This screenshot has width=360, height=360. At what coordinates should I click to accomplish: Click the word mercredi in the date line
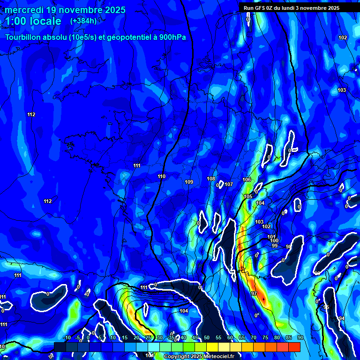coord(24,10)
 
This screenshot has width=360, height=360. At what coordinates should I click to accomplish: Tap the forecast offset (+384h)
coord(83,21)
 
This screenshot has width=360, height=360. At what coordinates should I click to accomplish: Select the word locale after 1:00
coord(44,21)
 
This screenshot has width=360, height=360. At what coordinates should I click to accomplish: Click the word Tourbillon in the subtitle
coord(25,37)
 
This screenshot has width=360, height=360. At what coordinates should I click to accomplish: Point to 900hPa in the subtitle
coord(171,37)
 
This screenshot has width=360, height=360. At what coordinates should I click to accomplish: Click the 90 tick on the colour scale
coord(300,338)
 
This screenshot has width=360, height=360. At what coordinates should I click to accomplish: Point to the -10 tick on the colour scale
coord(67,338)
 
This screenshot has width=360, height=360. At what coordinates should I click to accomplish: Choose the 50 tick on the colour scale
coord(207,338)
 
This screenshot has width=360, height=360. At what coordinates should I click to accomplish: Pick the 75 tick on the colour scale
coord(265,338)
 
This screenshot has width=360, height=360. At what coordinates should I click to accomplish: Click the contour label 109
coord(189,182)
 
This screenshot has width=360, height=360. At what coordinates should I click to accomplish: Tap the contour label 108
coord(211,179)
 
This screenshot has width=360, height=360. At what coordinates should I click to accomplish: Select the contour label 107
coord(229,184)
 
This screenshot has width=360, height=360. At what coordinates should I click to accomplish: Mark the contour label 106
coord(247,180)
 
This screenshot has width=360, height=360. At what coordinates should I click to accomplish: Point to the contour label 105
coord(248,196)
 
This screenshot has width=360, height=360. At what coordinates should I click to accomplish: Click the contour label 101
coord(271,237)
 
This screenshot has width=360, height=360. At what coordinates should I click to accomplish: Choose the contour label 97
coord(254,293)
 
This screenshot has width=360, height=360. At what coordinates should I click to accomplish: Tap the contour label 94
coord(342,318)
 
